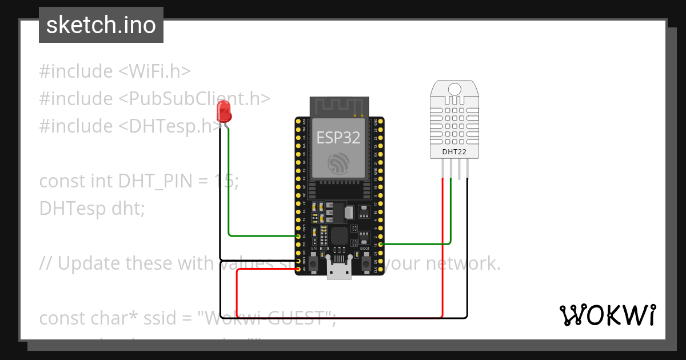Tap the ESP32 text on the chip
338,137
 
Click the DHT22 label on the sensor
454,152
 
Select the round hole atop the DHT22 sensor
454,89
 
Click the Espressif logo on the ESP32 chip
338,163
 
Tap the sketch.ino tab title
101,25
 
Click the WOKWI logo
607,315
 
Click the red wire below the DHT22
442,246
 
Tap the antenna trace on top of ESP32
338,106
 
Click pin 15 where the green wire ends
381,245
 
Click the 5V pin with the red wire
298,269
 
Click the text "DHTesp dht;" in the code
92,209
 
